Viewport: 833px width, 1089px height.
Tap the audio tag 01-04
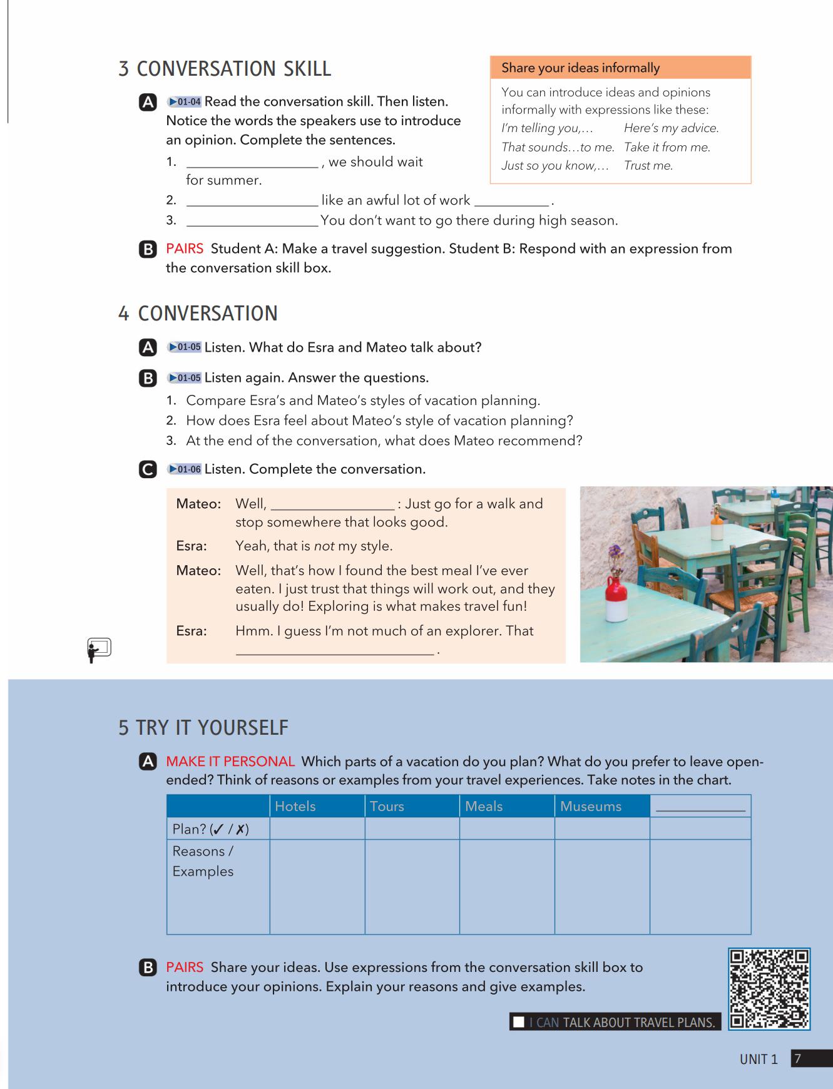tap(184, 102)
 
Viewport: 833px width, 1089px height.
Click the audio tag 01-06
tap(184, 469)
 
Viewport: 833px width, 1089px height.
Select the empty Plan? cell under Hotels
tap(317, 829)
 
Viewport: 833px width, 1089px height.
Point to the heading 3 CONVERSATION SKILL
tap(225, 69)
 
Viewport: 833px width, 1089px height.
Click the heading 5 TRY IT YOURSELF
tap(203, 728)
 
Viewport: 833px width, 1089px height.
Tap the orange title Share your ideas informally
tap(580, 68)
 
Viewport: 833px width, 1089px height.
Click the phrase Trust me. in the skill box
tap(648, 166)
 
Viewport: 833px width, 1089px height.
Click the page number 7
tap(797, 1059)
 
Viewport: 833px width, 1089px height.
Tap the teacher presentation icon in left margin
tap(99, 650)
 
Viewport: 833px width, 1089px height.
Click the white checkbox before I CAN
tap(519, 1023)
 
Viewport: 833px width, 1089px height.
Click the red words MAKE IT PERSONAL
tap(230, 762)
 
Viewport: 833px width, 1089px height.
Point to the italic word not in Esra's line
tap(324, 546)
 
